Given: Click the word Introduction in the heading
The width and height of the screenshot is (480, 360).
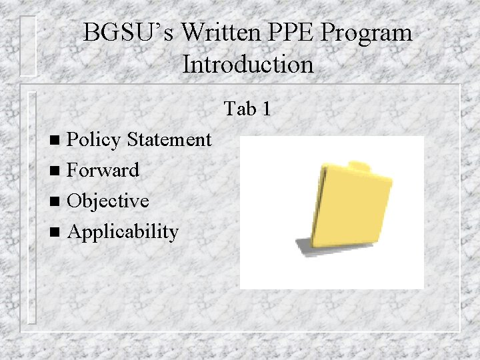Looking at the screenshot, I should click(247, 65).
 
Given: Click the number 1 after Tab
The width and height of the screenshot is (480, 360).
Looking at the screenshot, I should click(266, 108).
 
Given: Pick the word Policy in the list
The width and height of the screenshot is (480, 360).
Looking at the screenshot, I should click(94, 140).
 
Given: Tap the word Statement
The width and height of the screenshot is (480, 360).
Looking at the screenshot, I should click(169, 139).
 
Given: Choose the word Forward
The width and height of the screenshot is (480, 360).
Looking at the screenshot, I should click(103, 170).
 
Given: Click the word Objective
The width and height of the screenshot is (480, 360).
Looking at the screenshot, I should click(108, 201).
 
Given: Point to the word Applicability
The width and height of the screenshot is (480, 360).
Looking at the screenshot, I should click(123, 232).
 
